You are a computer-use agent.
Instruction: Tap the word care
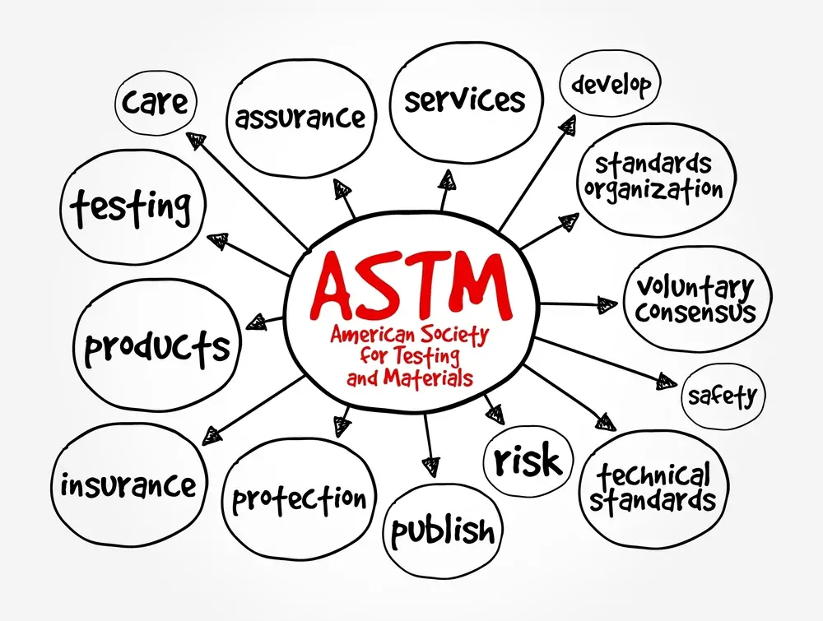click(x=155, y=102)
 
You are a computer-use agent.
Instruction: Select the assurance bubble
click(x=300, y=118)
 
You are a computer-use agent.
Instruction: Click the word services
click(x=464, y=100)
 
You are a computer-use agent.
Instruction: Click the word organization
click(x=653, y=188)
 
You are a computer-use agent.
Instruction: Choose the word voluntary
click(x=695, y=289)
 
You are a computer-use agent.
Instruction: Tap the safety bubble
click(x=723, y=397)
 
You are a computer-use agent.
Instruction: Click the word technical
click(x=653, y=475)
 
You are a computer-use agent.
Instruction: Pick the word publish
click(x=444, y=531)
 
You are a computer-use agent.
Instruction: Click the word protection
click(x=299, y=498)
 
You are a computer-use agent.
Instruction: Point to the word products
click(x=157, y=347)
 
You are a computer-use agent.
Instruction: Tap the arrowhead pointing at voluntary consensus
click(x=607, y=304)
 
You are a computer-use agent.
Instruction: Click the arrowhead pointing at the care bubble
click(x=196, y=141)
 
